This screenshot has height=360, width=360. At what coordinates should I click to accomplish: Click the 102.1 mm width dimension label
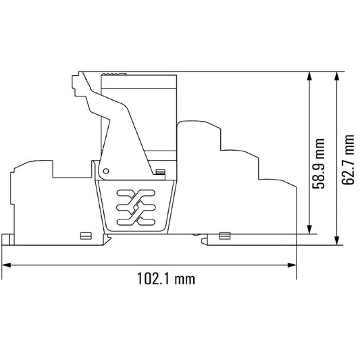pyautogui.click(x=166, y=278)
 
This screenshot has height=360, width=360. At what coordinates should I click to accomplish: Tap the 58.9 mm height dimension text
pyautogui.click(x=319, y=163)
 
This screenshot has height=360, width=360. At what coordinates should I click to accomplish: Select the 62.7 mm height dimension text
pyautogui.click(x=348, y=160)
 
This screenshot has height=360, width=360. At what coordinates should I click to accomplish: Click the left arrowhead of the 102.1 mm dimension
pyautogui.click(x=6, y=265)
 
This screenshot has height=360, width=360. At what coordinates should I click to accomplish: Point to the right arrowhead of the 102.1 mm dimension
pyautogui.click(x=292, y=265)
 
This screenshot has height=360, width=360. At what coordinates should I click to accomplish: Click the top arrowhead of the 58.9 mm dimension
pyautogui.click(x=309, y=76)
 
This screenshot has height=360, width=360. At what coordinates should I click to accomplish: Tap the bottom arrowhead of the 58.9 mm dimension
pyautogui.click(x=309, y=230)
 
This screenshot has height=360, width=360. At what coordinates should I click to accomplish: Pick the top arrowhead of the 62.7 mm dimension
pyautogui.click(x=336, y=76)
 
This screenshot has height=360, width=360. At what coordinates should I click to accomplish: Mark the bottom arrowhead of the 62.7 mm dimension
pyautogui.click(x=336, y=240)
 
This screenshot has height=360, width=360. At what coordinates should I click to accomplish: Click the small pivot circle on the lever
pyautogui.click(x=106, y=171)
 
